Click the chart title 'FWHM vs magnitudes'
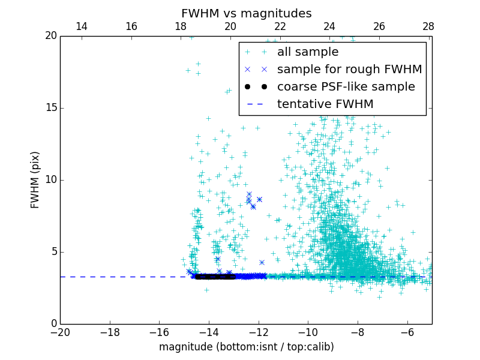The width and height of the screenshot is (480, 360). pyautogui.click(x=246, y=13)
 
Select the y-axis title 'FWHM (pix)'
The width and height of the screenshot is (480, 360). pyautogui.click(x=35, y=180)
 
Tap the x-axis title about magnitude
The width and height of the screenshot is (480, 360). pyautogui.click(x=246, y=347)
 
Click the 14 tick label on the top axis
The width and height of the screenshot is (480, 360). pyautogui.click(x=82, y=26)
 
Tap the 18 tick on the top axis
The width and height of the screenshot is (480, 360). pyautogui.click(x=181, y=26)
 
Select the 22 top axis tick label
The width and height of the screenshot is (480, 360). pyautogui.click(x=280, y=26)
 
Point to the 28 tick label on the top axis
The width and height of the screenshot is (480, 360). pyautogui.click(x=428, y=26)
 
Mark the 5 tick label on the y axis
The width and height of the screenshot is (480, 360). pyautogui.click(x=53, y=252)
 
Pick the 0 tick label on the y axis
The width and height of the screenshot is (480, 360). pyautogui.click(x=53, y=324)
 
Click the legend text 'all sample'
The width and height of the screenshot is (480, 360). pyautogui.click(x=308, y=52)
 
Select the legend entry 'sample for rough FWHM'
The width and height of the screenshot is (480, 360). pyautogui.click(x=349, y=70)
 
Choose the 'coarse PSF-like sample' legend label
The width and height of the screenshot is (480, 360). pyautogui.click(x=346, y=87)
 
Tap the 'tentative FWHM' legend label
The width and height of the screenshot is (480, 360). pyautogui.click(x=325, y=104)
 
